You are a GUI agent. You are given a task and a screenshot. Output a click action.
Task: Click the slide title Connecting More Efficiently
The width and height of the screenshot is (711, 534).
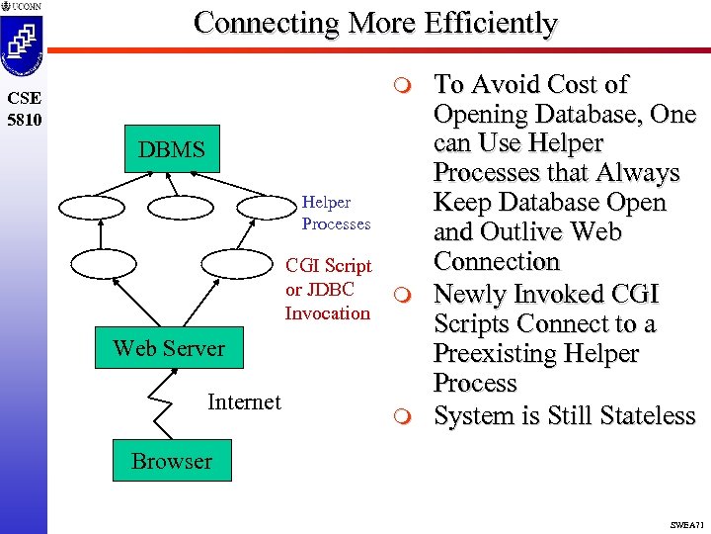pyautogui.click(x=375, y=23)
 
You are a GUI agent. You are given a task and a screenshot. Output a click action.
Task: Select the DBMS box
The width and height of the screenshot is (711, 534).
pyautogui.click(x=172, y=151)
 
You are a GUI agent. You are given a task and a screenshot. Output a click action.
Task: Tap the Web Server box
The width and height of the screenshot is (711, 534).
pyautogui.click(x=169, y=348)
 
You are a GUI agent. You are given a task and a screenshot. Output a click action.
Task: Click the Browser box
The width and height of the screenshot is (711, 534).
pyautogui.click(x=172, y=461)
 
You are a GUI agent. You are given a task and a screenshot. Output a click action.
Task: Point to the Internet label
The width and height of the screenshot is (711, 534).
pyautogui.click(x=244, y=401)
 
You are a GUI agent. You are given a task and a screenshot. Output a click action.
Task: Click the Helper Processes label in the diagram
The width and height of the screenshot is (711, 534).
pyautogui.click(x=336, y=213)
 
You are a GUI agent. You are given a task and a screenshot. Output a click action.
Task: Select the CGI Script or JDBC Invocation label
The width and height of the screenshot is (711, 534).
pyautogui.click(x=328, y=289)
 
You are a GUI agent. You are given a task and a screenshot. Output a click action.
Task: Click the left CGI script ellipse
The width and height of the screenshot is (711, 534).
pyautogui.click(x=108, y=265)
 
